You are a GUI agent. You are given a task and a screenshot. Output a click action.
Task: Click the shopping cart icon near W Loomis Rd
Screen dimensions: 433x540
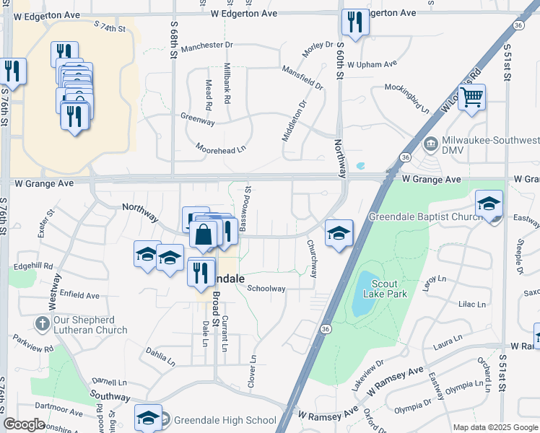[471, 97]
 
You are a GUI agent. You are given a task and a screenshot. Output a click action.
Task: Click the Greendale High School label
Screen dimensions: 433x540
[224, 421]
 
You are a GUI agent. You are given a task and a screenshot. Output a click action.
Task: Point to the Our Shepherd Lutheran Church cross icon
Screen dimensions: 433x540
[43, 324]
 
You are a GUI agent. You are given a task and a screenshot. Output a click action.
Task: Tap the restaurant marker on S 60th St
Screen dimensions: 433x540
[354, 22]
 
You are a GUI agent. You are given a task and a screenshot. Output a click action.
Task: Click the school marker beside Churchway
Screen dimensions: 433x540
[339, 233]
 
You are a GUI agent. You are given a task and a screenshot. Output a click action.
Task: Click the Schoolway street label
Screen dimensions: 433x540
[266, 288]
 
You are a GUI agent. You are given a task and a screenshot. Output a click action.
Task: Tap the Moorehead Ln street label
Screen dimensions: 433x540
[221, 147]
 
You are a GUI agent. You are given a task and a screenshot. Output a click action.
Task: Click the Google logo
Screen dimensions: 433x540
[25, 424]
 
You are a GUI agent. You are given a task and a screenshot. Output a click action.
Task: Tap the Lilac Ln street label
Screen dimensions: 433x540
[472, 305]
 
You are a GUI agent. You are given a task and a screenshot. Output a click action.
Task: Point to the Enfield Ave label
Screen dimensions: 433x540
[79, 295]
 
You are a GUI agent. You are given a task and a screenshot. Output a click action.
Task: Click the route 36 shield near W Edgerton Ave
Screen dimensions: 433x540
[518, 25]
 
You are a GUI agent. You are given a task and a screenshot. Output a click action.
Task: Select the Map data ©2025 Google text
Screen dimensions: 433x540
[495, 427]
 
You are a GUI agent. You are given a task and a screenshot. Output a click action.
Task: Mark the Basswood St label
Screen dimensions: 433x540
[246, 209]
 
